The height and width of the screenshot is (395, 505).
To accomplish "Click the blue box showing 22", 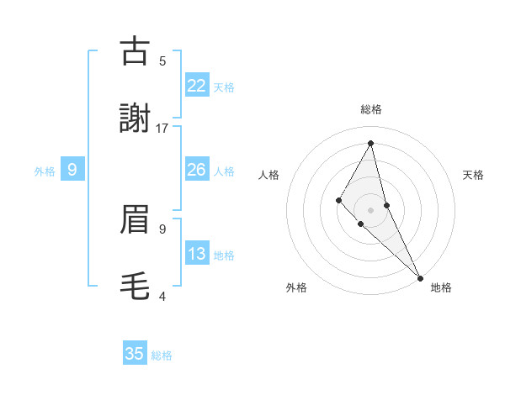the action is (x=196, y=85).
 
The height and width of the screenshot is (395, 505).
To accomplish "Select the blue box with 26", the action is (x=196, y=170).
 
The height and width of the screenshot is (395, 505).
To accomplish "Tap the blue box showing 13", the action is (x=196, y=254).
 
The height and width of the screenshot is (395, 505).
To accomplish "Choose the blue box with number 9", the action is (x=72, y=170).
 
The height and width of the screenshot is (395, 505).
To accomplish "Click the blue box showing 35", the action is (x=135, y=354).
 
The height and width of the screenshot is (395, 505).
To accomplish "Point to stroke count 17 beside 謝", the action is (x=162, y=128).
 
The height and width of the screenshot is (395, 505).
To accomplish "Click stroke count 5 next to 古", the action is (x=162, y=61).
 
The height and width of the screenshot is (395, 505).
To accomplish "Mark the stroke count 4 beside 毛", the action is (x=162, y=296).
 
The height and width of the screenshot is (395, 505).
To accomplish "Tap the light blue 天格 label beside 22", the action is (x=224, y=87).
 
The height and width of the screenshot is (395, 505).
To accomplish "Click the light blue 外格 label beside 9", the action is (x=45, y=171).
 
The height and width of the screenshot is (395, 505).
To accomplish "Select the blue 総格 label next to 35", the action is (x=162, y=355).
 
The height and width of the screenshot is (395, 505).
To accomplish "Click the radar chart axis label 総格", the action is (x=371, y=109).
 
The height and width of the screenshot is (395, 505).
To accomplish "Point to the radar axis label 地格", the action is (x=441, y=287).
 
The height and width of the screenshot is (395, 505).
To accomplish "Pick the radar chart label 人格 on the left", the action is (x=269, y=175).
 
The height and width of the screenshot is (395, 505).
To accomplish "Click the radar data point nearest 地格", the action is (x=420, y=276).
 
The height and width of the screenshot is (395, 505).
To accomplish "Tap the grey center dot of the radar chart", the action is (x=370, y=209).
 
